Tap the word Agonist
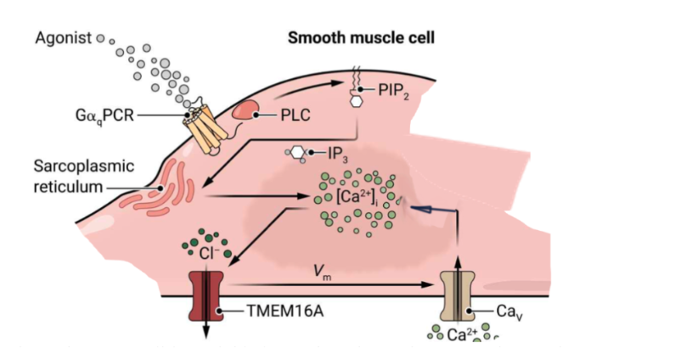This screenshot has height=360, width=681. coord(62,39)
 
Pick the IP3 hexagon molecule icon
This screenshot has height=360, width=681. coord(298,154)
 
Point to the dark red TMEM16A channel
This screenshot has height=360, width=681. coord(204,293)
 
